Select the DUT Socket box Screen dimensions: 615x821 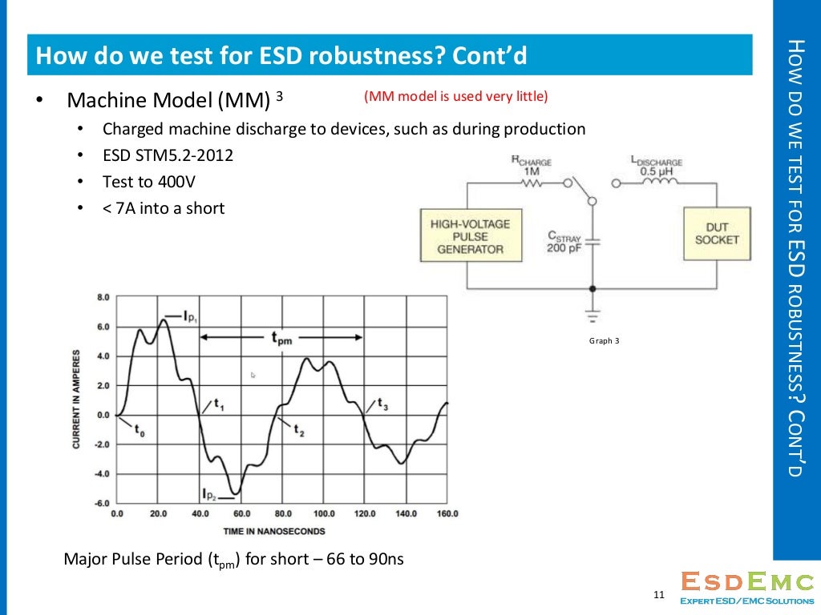click(x=717, y=234)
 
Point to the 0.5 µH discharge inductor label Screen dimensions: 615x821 click(x=655, y=167)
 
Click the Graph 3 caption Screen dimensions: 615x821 click(x=605, y=341)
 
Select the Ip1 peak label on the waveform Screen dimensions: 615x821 click(x=185, y=317)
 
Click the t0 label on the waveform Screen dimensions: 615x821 click(x=140, y=432)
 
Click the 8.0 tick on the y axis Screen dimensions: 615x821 click(x=103, y=297)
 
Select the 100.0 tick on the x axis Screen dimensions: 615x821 click(x=324, y=514)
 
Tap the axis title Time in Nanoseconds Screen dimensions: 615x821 click(x=274, y=531)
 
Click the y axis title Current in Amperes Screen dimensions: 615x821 click(x=77, y=399)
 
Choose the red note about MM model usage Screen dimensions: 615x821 click(x=455, y=97)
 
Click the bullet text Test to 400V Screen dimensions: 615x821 click(x=149, y=182)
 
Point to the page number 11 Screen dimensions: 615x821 click(x=660, y=595)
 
